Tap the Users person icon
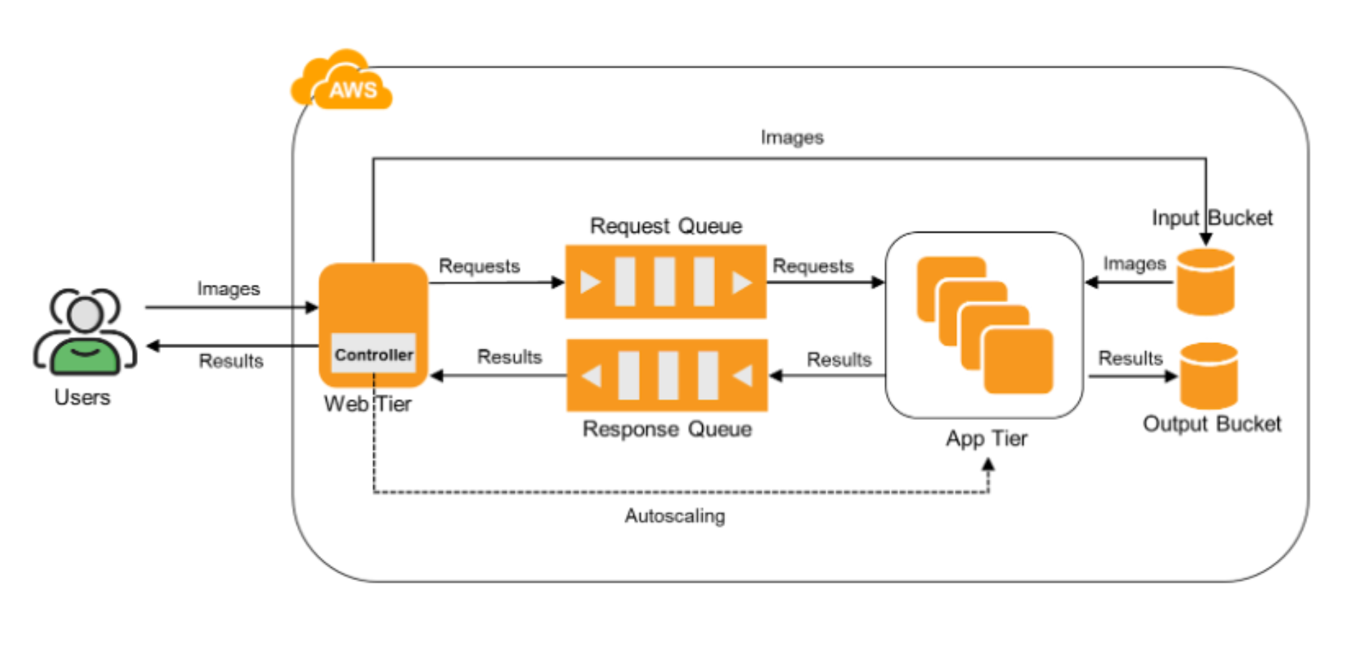tap(85, 332)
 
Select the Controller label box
tap(373, 354)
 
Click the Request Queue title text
tap(665, 226)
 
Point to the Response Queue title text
tap(667, 429)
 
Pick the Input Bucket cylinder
tap(1205, 282)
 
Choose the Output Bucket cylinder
tap(1209, 376)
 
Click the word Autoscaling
tap(675, 516)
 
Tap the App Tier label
tap(986, 439)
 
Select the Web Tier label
tap(368, 404)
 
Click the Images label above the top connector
tap(792, 137)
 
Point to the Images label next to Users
tap(228, 289)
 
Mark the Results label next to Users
tap(230, 360)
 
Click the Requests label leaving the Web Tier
tap(479, 266)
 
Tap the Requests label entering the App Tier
tap(813, 266)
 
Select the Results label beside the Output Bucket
tap(1130, 358)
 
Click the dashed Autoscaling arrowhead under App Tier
tap(989, 465)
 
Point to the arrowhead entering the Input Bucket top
tap(1206, 239)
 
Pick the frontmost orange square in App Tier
tap(1018, 361)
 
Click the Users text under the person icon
tap(83, 398)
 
